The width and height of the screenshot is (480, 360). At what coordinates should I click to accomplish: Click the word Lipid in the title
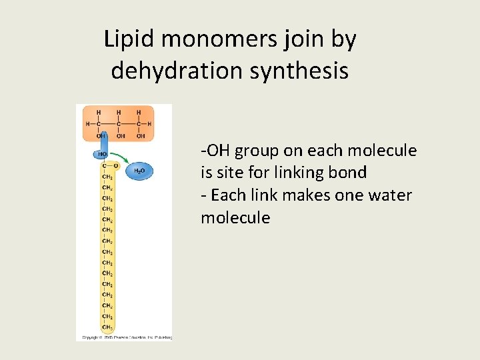[129, 40]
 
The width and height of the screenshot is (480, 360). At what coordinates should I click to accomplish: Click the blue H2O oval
[140, 171]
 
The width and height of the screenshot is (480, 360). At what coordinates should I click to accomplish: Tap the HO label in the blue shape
[103, 154]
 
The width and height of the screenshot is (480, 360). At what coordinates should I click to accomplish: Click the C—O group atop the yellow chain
[109, 167]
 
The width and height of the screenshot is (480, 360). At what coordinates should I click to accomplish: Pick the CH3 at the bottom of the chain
[107, 327]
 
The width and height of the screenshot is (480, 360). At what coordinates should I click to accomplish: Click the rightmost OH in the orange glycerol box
[140, 135]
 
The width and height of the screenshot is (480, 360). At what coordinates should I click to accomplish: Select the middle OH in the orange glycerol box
[120, 135]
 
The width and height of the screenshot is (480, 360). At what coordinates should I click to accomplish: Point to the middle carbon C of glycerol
[119, 123]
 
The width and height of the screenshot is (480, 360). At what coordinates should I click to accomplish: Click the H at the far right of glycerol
[149, 123]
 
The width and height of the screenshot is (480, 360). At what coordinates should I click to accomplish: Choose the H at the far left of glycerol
[87, 123]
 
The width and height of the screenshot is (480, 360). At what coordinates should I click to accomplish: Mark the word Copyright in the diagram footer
[91, 337]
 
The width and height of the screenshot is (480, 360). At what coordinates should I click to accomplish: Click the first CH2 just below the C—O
[107, 177]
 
